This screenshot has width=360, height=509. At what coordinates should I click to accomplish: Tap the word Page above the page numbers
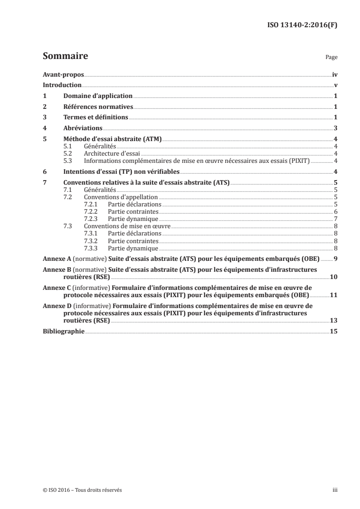[331, 58]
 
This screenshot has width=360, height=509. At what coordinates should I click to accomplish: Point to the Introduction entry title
[62, 85]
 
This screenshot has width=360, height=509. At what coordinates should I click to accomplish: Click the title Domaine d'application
[98, 96]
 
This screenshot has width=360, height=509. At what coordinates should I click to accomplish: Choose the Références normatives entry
[98, 107]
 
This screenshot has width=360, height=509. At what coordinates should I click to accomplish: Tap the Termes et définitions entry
[96, 117]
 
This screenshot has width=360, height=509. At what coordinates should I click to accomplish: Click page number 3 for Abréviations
[335, 128]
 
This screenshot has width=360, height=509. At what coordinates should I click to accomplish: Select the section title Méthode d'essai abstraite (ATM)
[112, 139]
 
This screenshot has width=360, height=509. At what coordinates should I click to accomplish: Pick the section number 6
[44, 171]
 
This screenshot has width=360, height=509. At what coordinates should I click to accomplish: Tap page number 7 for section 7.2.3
[335, 219]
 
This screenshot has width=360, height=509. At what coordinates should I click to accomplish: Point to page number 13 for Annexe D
[334, 320]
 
